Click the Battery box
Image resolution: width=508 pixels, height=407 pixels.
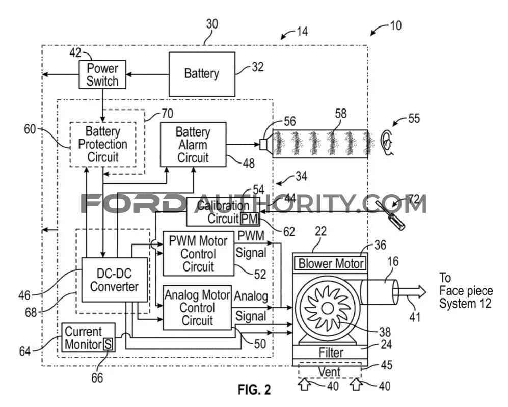tap(202, 74)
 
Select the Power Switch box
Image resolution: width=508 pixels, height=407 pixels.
tap(102, 74)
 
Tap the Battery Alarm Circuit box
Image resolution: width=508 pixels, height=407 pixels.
tap(193, 145)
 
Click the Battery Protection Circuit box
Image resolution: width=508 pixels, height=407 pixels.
tap(102, 144)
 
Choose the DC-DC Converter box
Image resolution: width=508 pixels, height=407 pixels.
tap(114, 279)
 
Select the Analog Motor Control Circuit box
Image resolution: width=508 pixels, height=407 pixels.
tap(197, 307)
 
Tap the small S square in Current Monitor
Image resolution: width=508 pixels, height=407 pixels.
tap(108, 344)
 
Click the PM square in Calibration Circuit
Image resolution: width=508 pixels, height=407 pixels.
tap(250, 219)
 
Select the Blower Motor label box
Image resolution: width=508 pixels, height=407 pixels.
tap(331, 263)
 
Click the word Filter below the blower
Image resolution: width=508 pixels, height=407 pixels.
tap(331, 352)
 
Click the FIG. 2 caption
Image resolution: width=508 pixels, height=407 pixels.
tap(254, 390)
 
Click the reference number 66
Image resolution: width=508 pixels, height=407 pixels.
tap(96, 377)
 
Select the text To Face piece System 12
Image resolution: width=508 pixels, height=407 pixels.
tap(466, 290)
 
